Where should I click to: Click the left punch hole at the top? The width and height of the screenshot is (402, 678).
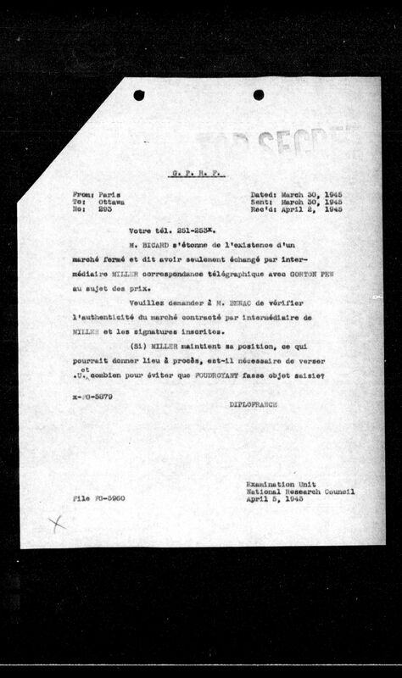139,95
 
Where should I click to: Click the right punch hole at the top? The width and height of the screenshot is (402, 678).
258,95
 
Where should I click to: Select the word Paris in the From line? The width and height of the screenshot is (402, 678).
109,193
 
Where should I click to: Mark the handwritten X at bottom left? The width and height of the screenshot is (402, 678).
58,524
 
